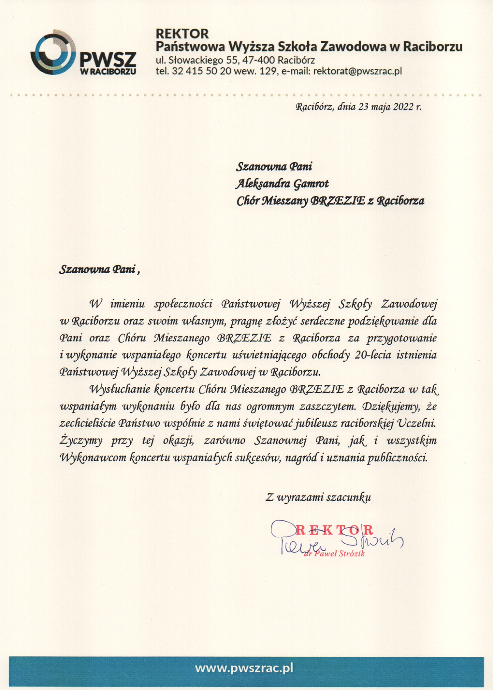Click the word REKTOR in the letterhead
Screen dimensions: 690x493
(x=182, y=34)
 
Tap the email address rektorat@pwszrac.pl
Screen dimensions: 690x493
(x=357, y=71)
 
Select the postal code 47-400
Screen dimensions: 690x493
(x=258, y=60)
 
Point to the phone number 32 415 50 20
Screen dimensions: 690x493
(x=196, y=71)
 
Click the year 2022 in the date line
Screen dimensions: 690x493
(x=403, y=107)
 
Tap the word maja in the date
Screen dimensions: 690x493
(x=381, y=107)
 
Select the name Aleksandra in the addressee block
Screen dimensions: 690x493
(x=263, y=184)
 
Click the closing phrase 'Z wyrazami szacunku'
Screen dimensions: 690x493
(x=318, y=497)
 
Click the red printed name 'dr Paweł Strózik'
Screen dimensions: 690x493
(x=334, y=554)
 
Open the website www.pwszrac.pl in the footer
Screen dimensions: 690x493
(x=244, y=668)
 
